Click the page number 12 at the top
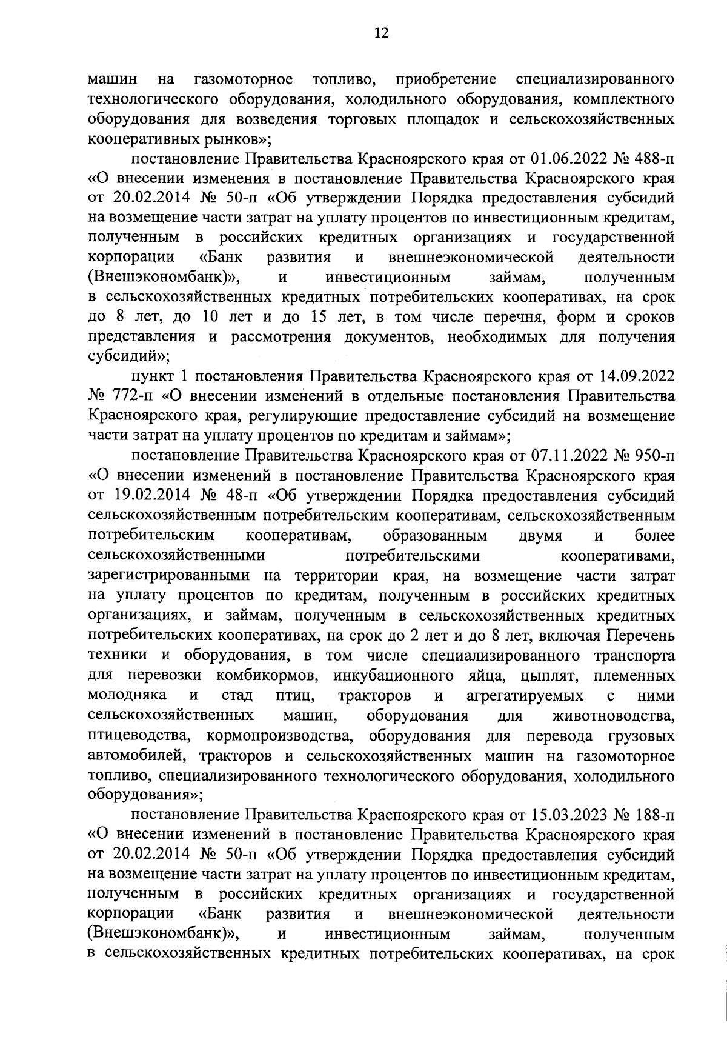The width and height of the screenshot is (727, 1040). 363,33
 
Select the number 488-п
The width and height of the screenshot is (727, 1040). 652,160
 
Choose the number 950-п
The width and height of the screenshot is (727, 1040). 652,455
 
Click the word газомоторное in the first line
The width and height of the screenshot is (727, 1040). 244,80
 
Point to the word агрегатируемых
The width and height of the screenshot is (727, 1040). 526,695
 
